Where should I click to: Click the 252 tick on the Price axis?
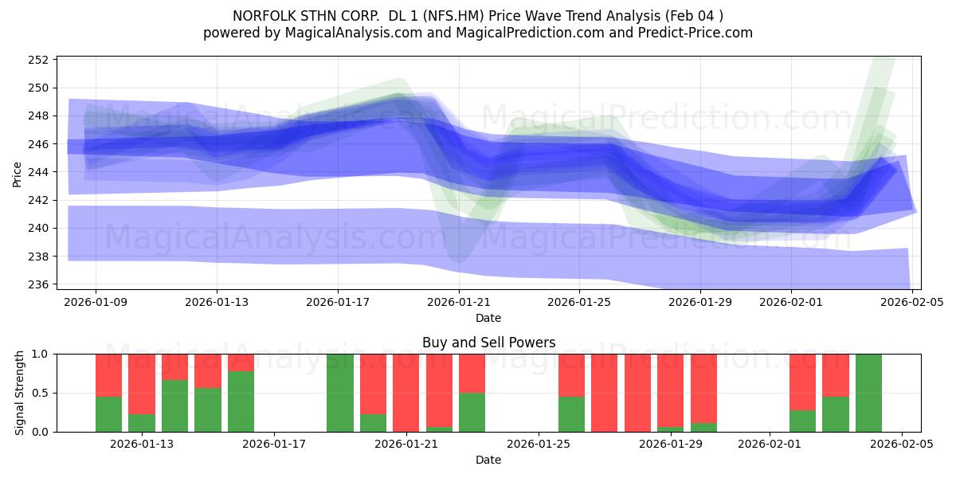coord(40,60)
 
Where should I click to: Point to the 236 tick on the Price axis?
coord(40,284)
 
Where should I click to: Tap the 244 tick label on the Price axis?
coord(40,172)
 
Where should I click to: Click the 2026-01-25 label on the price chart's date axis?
coord(578,303)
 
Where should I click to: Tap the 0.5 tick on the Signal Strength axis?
coord(41,393)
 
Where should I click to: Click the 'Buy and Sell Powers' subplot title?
coord(488,343)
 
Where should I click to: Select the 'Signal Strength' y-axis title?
coord(20,393)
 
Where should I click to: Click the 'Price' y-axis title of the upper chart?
coord(18,174)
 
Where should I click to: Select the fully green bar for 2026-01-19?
coord(340,393)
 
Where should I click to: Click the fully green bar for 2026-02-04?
coord(868,393)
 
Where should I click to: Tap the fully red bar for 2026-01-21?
coord(406,393)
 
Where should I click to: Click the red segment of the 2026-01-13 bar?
coord(142,383)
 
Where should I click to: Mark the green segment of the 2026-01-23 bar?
coord(472,412)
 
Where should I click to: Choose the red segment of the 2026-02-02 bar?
coord(802,382)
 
